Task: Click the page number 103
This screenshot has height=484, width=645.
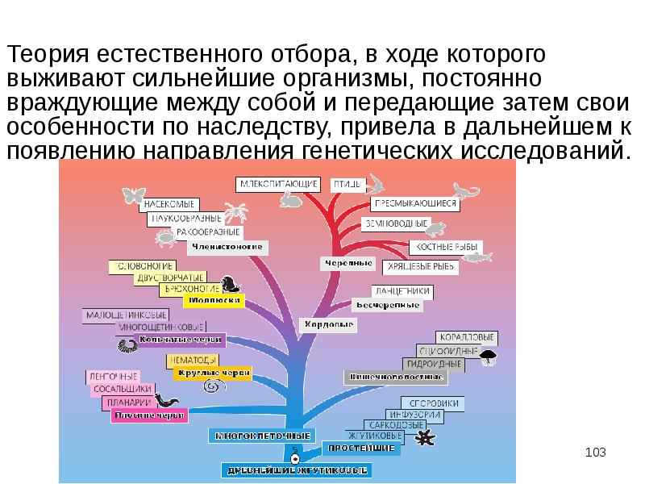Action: coord(595,452)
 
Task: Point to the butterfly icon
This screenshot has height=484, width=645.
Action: coord(133,195)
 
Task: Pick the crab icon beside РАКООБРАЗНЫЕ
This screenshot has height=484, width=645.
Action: coord(165,237)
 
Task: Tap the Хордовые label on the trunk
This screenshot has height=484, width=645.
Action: coord(329,324)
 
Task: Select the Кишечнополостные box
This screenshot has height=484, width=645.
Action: coord(395,376)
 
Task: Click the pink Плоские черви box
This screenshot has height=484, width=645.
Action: coord(150,415)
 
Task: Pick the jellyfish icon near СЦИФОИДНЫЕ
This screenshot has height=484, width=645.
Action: coord(488,356)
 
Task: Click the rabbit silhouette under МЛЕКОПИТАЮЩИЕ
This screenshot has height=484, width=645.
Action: coord(289,201)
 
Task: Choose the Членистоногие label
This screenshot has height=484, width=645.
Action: coord(227,247)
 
